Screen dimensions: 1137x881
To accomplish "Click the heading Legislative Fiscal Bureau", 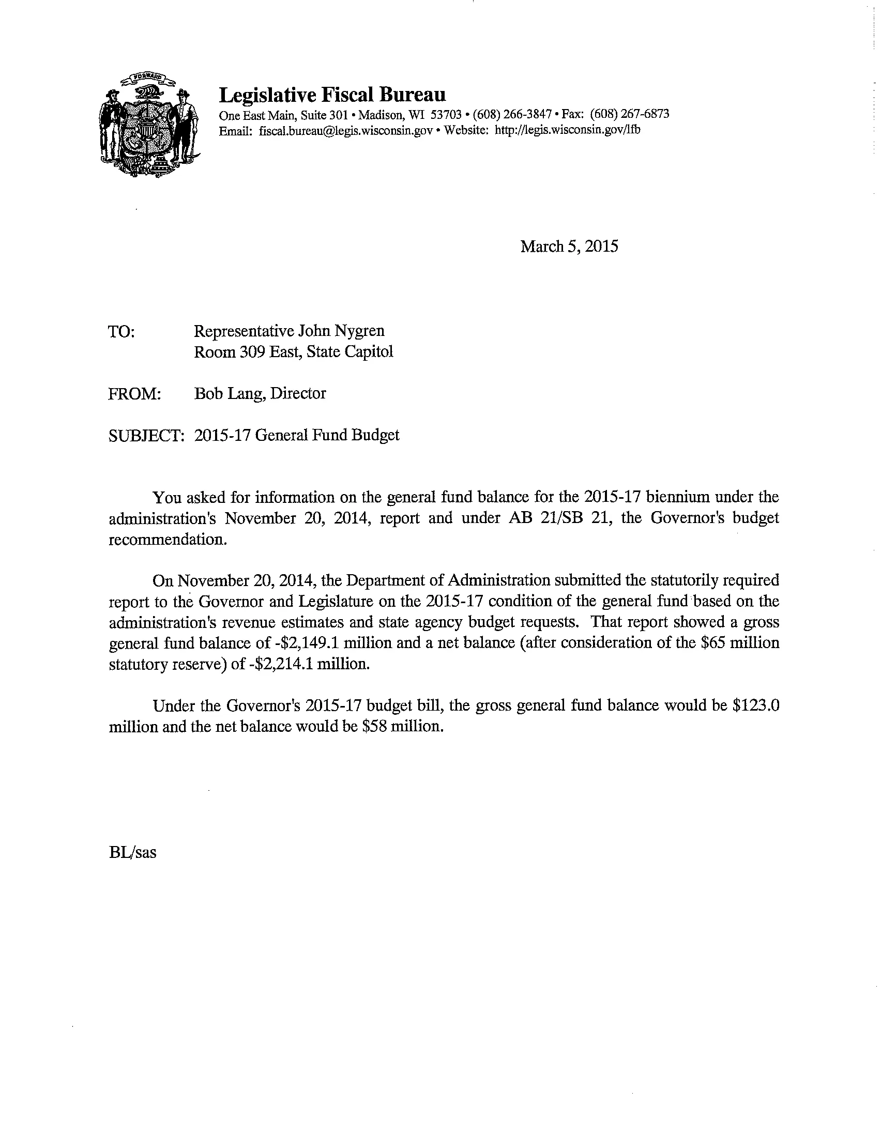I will (x=332, y=95).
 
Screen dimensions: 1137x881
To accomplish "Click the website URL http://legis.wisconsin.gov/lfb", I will (x=568, y=130).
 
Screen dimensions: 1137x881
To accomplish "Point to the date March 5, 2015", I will (x=569, y=246).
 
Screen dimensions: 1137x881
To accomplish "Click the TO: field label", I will (x=121, y=332).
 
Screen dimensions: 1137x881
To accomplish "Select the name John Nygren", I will (x=341, y=331).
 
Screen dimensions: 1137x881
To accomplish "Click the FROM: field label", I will (x=134, y=394).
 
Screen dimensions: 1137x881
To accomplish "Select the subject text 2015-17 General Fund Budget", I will (x=297, y=435).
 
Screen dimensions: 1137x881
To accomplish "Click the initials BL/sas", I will (x=132, y=852).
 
